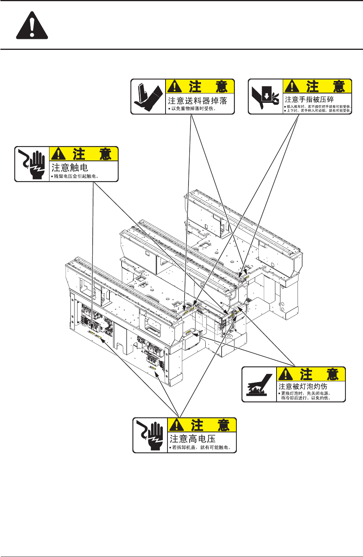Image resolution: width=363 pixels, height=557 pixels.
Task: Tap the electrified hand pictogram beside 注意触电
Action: [x=32, y=164]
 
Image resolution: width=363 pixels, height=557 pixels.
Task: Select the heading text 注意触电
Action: [x=70, y=167]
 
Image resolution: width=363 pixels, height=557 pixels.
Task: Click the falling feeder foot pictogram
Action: [x=148, y=97]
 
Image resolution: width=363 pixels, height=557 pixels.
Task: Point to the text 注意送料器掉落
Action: [x=197, y=100]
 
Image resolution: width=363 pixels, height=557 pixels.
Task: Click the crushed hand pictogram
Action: [x=266, y=97]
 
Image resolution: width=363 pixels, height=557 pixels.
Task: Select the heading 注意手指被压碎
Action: [x=309, y=99]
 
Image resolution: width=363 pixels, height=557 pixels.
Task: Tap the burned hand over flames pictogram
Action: [x=259, y=385]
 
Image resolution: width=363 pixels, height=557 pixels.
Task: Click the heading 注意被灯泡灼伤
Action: [x=303, y=386]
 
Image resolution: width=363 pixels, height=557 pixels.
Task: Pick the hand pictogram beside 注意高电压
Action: [x=150, y=435]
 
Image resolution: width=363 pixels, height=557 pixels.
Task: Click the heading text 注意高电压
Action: [x=192, y=439]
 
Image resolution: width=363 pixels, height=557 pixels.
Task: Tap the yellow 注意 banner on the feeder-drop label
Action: [x=200, y=86]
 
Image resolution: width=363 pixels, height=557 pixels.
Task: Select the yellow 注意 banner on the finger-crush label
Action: [x=317, y=86]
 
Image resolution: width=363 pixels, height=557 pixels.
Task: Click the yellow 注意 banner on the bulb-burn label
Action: [x=311, y=374]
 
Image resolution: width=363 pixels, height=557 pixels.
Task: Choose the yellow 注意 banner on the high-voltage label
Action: [x=202, y=425]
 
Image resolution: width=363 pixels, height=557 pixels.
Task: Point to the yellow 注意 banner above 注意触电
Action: [x=84, y=154]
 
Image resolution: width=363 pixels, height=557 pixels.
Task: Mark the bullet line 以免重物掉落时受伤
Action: [x=193, y=109]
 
